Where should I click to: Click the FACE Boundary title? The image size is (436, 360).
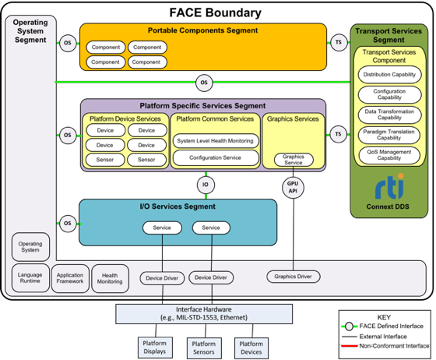[x=215, y=12]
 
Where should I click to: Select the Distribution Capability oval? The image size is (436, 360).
[x=389, y=76]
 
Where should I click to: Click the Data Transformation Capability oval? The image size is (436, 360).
[x=389, y=115]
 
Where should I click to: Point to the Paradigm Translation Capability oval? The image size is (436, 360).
[x=389, y=134]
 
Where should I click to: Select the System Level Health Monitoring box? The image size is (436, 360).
[x=214, y=141]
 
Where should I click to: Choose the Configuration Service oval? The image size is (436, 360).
[x=214, y=157]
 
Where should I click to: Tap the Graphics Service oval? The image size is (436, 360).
[x=294, y=160]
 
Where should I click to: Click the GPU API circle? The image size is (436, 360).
[x=294, y=188]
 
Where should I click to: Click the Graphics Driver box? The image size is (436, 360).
[x=294, y=276]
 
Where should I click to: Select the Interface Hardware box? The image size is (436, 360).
[x=205, y=313]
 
